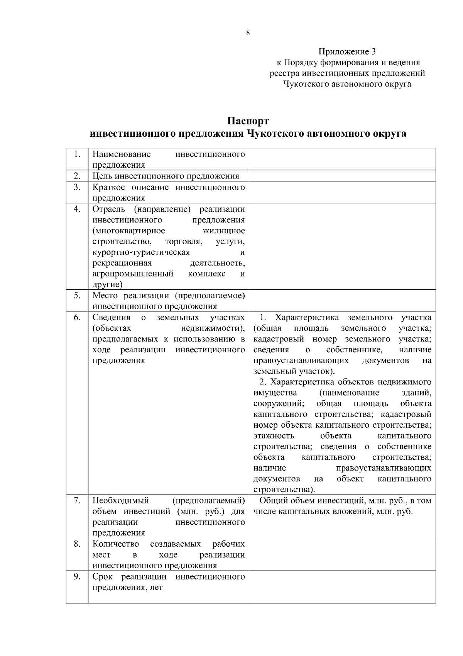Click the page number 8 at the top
click(x=248, y=33)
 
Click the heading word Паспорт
click(x=248, y=121)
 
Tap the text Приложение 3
click(x=347, y=51)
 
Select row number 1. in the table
click(x=77, y=155)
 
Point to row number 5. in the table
click(x=77, y=296)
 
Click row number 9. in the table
click(x=77, y=577)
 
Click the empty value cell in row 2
click(x=342, y=176)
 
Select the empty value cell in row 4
click(x=342, y=246)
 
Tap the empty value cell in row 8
click(x=342, y=554)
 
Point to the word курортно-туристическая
click(x=141, y=253)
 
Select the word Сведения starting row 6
click(x=112, y=318)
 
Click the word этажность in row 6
click(x=274, y=436)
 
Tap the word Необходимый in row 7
click(x=121, y=501)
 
